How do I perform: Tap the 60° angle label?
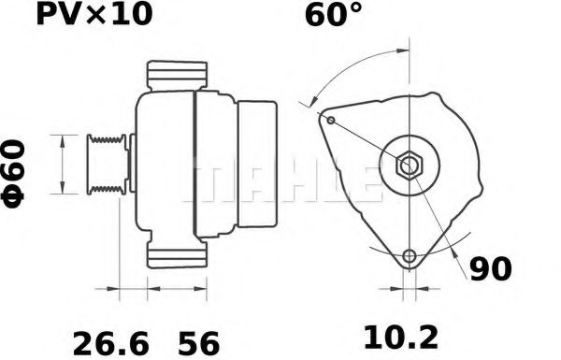click(333, 16)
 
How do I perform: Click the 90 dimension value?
click(490, 269)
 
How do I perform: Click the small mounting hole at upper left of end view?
click(330, 119)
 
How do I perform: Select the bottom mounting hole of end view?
click(408, 257)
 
